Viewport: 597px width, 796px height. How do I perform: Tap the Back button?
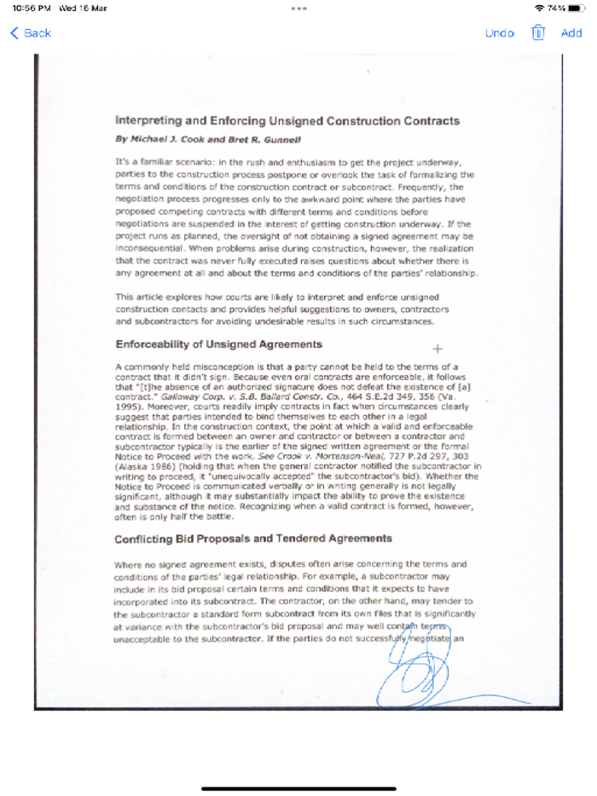[31, 33]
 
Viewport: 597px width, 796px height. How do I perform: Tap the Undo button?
[499, 33]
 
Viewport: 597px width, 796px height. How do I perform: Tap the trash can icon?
[538, 32]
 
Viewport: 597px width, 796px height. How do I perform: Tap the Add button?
[571, 33]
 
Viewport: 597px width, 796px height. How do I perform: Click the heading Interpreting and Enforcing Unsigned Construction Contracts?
[287, 121]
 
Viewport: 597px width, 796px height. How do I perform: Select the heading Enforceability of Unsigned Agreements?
[218, 344]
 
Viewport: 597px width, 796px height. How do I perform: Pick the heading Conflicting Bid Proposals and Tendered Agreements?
[253, 539]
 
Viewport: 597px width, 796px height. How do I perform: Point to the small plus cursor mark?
[438, 349]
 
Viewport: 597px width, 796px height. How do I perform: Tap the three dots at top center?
[298, 8]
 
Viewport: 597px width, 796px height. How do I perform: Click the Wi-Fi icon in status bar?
[539, 8]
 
